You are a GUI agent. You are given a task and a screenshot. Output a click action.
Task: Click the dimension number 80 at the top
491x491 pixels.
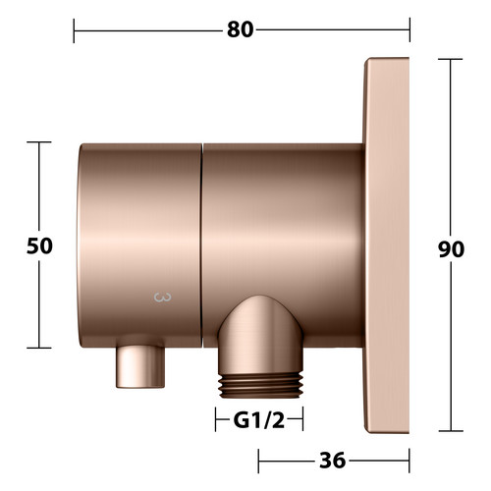(241, 29)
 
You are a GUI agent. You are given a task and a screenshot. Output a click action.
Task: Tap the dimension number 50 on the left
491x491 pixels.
(39, 245)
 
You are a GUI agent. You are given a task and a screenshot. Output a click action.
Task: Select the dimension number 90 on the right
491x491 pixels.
(452, 249)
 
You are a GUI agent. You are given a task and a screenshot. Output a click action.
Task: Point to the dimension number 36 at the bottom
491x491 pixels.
(332, 461)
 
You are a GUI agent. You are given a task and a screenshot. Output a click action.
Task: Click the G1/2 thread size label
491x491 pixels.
(259, 420)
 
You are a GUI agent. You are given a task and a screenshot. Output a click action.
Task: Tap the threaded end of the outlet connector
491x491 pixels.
(261, 386)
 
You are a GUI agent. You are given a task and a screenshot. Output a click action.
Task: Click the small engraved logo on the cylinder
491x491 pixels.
(162, 298)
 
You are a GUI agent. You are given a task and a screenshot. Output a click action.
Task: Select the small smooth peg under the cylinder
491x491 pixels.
(140, 366)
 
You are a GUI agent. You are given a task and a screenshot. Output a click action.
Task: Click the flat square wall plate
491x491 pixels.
(386, 245)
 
